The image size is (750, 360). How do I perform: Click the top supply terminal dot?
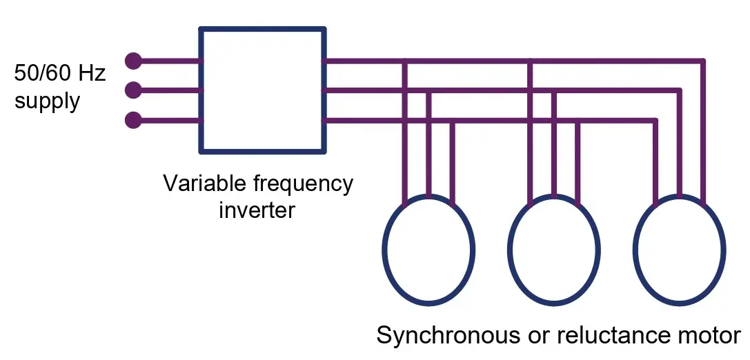point(133,61)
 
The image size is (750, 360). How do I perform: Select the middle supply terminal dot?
point(133,90)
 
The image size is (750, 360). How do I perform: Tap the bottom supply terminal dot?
point(133,121)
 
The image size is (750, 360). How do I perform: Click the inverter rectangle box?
point(262,90)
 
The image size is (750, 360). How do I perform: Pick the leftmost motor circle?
point(428,250)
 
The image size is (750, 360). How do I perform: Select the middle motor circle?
point(553,250)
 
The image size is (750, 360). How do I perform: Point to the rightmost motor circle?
point(680,250)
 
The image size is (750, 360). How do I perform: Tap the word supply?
point(47,101)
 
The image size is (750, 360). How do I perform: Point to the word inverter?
point(257,209)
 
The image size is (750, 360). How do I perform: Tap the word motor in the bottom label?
point(707,336)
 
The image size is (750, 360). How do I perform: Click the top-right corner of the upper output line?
point(703,61)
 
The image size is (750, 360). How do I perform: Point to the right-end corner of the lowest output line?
point(655,121)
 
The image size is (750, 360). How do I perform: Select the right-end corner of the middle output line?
point(680,90)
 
